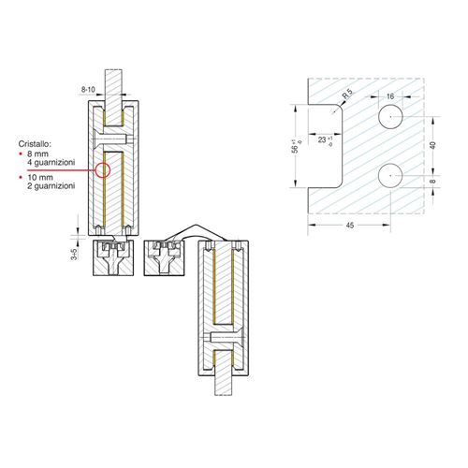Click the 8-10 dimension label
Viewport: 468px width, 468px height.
88,90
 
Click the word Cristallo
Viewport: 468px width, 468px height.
35,144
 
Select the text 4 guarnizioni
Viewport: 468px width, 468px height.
51,162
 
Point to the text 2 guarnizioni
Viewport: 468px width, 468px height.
51,186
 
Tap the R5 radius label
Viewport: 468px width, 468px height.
348,94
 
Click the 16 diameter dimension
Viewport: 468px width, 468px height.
390,96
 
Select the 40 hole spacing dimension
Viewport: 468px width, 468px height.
432,145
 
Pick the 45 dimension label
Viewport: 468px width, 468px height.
350,225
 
